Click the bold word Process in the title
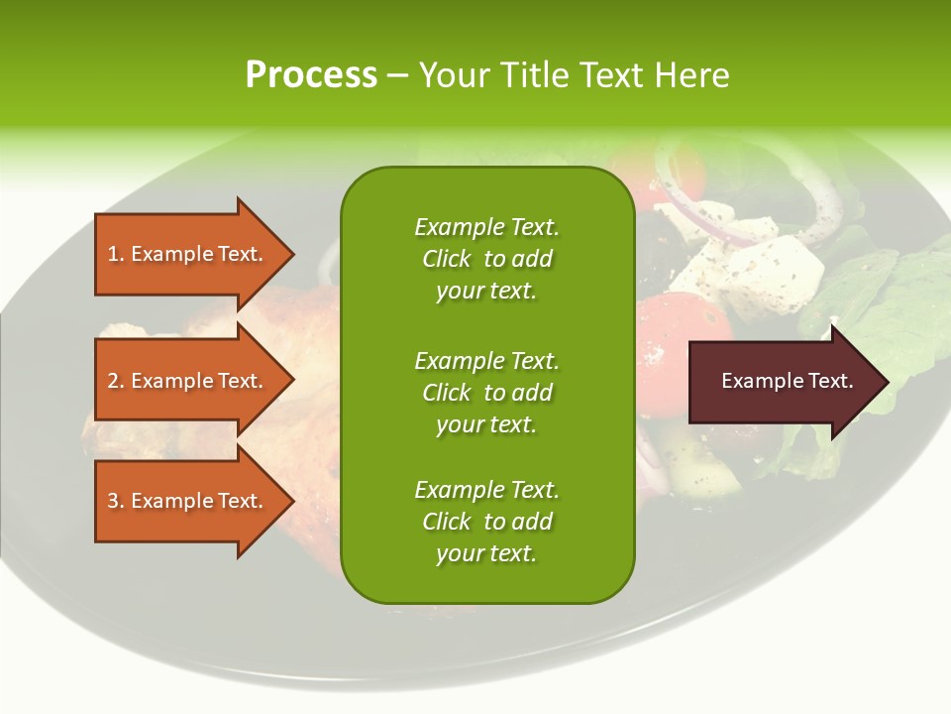(x=311, y=75)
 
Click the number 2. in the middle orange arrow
(x=115, y=381)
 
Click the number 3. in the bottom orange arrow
(x=115, y=501)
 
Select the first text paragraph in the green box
(x=486, y=259)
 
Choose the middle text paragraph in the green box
(x=486, y=393)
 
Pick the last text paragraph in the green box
(x=486, y=522)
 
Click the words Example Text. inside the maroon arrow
(x=787, y=381)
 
